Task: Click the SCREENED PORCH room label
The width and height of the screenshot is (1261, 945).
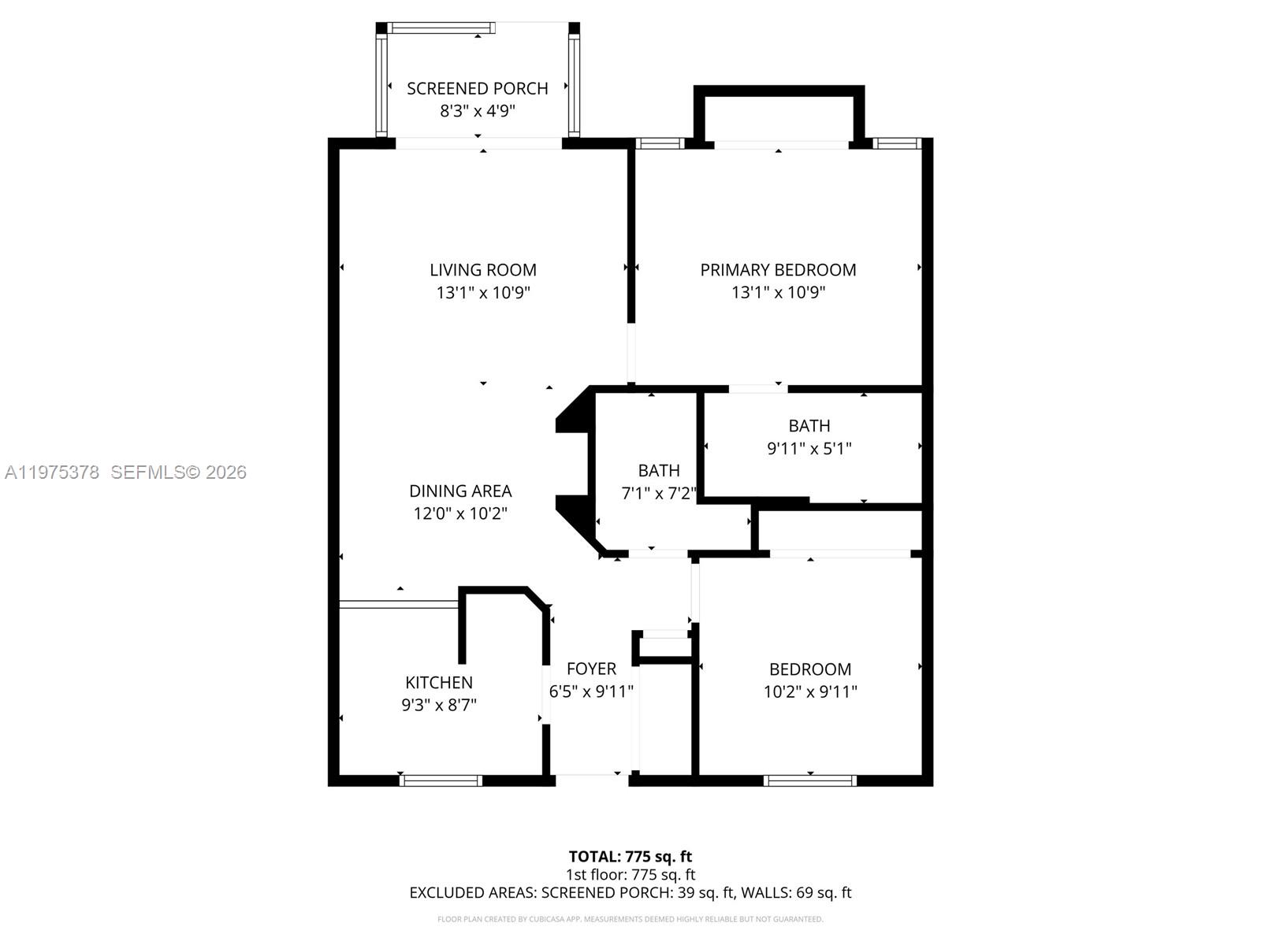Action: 477,88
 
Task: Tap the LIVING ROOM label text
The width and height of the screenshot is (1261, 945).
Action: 482,269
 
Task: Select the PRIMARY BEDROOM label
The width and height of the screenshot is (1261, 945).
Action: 778,269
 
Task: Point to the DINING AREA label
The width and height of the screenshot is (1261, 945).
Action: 460,491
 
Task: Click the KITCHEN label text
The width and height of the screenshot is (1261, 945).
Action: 439,682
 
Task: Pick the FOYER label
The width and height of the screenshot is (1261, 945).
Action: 591,669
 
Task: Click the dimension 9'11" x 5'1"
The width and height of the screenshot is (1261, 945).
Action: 809,448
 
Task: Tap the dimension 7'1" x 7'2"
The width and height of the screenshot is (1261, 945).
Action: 658,493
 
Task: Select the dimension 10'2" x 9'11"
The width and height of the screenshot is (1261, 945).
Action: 810,691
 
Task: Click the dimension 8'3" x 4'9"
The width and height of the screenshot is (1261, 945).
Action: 477,110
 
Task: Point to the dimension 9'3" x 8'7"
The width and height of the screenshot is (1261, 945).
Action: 439,705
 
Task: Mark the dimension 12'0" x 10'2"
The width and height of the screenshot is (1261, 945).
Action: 460,513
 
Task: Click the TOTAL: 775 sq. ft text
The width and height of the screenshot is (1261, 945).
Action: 630,856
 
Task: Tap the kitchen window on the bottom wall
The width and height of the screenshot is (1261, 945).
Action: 441,780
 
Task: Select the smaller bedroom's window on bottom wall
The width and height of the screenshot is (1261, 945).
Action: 809,780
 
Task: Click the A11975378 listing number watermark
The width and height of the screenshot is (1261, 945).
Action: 52,472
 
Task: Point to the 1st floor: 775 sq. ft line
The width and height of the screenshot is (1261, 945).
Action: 630,874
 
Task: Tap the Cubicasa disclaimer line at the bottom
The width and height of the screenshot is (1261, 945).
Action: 630,919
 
